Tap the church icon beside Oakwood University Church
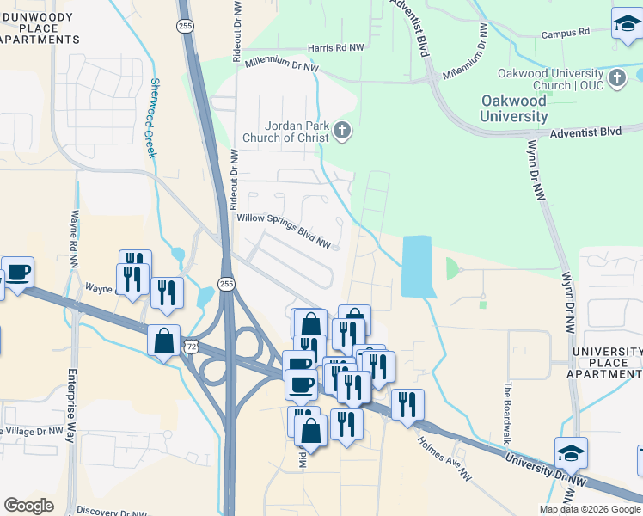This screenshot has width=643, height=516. coord(617,79)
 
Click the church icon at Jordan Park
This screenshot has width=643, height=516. coord(342,131)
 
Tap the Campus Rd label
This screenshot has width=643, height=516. coord(565,34)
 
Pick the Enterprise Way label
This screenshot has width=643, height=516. coord(70,404)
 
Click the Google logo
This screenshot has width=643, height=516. coord(29,505)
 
